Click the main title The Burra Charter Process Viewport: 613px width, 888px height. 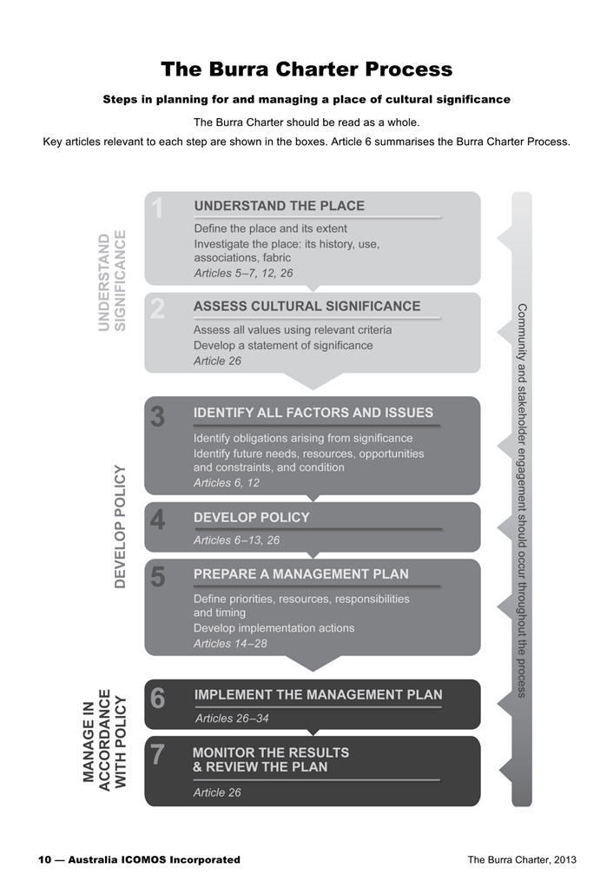(306, 69)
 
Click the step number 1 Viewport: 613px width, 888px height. (157, 209)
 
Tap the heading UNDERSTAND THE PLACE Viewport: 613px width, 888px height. (279, 206)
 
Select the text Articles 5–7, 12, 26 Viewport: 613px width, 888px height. (243, 273)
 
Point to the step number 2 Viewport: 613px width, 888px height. (157, 308)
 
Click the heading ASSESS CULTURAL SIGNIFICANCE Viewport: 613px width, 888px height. (306, 306)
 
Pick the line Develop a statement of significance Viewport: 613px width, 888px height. (283, 345)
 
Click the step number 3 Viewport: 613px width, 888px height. (157, 416)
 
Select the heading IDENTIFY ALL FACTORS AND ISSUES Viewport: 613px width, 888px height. (313, 412)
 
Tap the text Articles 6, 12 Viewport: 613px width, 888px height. (226, 482)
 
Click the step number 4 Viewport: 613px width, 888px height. (157, 520)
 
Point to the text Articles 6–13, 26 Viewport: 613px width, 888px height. (236, 540)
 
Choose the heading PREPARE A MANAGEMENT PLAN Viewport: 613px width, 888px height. (300, 573)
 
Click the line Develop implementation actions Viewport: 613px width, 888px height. (274, 627)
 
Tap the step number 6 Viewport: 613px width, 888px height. (157, 699)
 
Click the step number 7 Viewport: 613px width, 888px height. (157, 755)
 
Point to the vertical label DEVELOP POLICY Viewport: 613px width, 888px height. (122, 527)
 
